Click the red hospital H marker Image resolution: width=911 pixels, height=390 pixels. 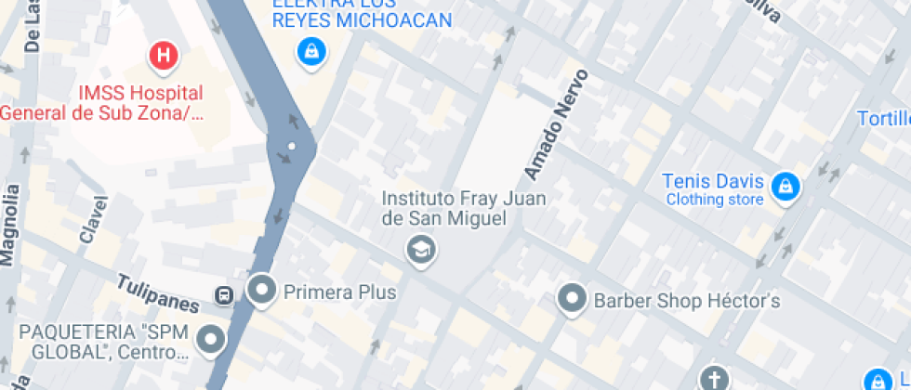(x=164, y=55)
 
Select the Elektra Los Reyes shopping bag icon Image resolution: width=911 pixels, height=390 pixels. (x=310, y=52)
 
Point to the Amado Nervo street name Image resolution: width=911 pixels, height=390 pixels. (x=557, y=123)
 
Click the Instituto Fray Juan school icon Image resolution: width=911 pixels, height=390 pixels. (x=422, y=249)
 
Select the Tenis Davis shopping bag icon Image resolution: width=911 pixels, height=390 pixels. (x=786, y=186)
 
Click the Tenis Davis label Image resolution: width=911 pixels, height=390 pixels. (x=714, y=181)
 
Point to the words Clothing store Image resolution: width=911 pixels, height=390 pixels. (x=714, y=200)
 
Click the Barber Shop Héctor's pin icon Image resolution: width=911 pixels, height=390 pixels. (x=571, y=299)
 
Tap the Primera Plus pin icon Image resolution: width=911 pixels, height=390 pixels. (x=262, y=290)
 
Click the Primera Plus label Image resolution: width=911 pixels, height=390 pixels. (x=339, y=292)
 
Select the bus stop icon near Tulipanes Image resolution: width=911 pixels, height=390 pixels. (x=224, y=295)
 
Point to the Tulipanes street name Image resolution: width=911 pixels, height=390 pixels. (x=157, y=292)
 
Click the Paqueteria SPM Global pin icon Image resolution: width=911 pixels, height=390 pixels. (x=212, y=339)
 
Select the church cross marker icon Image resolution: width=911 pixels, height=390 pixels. (x=714, y=378)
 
